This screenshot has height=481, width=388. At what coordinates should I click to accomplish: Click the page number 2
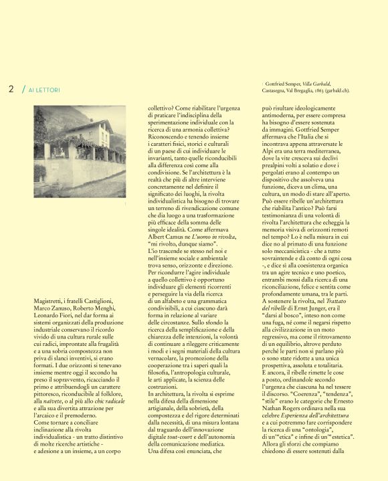11,88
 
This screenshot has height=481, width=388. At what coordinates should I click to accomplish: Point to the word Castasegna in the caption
275,89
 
